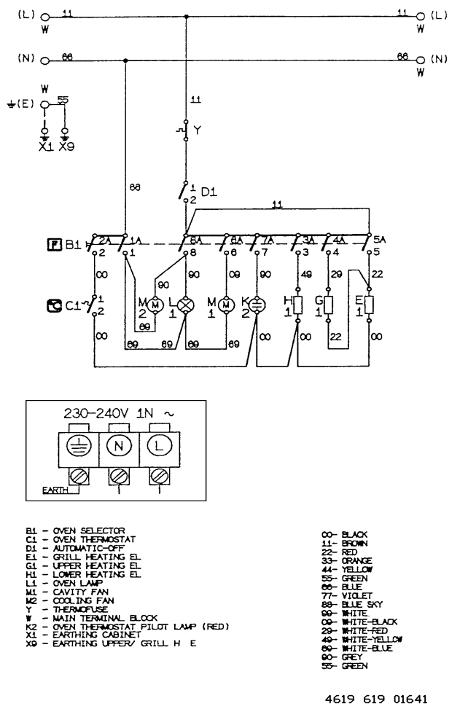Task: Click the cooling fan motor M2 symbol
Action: pyautogui.click(x=155, y=304)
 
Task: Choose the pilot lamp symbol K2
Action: pyautogui.click(x=257, y=304)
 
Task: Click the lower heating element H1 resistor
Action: pyautogui.click(x=297, y=304)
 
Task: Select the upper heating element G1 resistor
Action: pyautogui.click(x=328, y=304)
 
